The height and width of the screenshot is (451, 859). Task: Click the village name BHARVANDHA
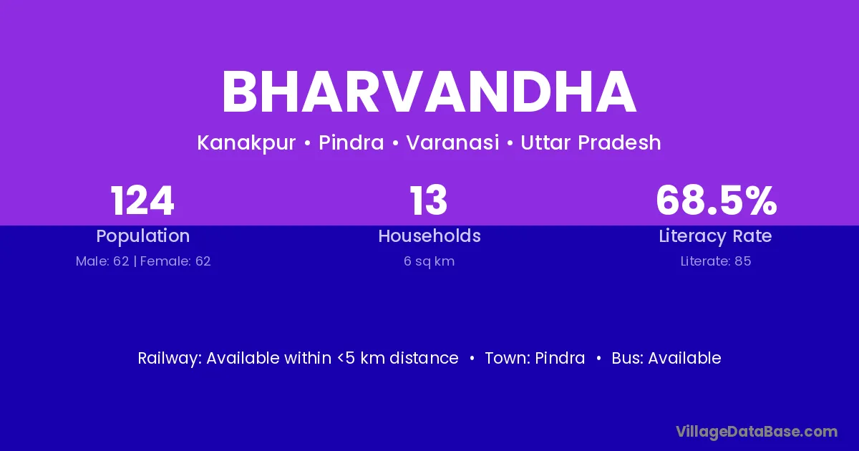(x=429, y=92)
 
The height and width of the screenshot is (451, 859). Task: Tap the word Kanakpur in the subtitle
(x=246, y=143)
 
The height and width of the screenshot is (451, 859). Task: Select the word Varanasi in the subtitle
(x=452, y=142)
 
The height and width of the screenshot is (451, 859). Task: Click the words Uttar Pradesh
(x=591, y=142)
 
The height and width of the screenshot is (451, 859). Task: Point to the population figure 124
(x=142, y=200)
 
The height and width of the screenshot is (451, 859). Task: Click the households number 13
(x=429, y=200)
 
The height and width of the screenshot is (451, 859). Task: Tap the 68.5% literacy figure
(x=717, y=200)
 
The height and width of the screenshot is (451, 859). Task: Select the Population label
(x=143, y=236)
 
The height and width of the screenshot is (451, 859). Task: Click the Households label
(x=429, y=236)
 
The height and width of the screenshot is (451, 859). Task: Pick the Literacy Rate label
(x=715, y=236)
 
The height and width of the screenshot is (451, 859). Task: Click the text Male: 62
(x=102, y=261)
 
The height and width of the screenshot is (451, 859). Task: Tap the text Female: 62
(x=175, y=261)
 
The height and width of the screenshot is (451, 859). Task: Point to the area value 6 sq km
(x=429, y=261)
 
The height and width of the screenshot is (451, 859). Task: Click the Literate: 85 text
(x=716, y=261)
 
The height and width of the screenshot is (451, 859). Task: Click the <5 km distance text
(x=398, y=358)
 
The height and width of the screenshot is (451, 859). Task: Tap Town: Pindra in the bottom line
(x=535, y=358)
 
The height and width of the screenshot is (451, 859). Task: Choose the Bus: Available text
(x=666, y=358)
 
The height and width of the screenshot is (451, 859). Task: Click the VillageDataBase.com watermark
(x=757, y=432)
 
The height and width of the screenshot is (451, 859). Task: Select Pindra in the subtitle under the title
(x=351, y=142)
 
